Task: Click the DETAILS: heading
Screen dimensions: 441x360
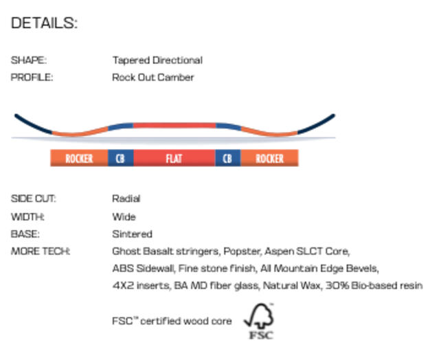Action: click(44, 23)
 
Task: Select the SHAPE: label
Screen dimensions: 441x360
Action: click(29, 60)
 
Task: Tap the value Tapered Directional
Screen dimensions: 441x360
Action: click(157, 60)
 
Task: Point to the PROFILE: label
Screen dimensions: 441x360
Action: click(32, 78)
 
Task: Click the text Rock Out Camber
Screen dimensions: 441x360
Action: click(153, 78)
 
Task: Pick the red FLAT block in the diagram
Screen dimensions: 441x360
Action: click(174, 158)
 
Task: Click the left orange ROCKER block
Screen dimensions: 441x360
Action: click(79, 158)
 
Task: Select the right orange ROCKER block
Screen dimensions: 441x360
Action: click(269, 158)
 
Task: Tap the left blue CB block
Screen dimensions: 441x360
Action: click(121, 158)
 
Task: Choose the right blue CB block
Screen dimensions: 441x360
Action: click(228, 158)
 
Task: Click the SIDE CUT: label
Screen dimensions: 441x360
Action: click(33, 199)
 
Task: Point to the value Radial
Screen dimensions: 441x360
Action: click(126, 199)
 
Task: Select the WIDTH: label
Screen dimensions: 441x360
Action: click(27, 217)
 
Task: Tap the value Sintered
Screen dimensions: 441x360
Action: click(132, 234)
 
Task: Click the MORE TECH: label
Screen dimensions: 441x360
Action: click(41, 251)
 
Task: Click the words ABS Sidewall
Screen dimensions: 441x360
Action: click(144, 269)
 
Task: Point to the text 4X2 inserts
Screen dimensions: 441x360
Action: click(142, 286)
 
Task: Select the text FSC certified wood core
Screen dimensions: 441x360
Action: click(172, 321)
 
